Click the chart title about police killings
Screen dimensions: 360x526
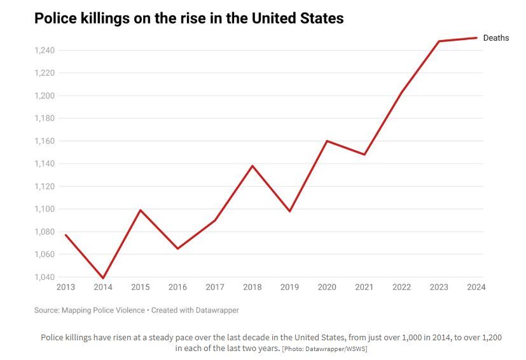point(189,18)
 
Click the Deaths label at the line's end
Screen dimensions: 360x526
point(496,38)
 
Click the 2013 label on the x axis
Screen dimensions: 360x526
point(66,287)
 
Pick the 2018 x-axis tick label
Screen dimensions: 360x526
point(253,287)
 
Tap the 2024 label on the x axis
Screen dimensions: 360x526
point(476,287)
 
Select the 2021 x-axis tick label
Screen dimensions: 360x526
point(364,287)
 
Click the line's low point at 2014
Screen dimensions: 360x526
point(103,278)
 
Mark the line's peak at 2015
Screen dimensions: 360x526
point(141,210)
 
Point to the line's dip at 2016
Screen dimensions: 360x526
point(177,248)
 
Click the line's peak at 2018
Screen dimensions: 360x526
point(253,166)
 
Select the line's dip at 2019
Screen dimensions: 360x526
point(290,211)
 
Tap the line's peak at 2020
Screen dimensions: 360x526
point(327,141)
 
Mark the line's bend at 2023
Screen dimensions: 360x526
point(439,41)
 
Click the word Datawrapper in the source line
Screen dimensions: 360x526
point(216,310)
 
